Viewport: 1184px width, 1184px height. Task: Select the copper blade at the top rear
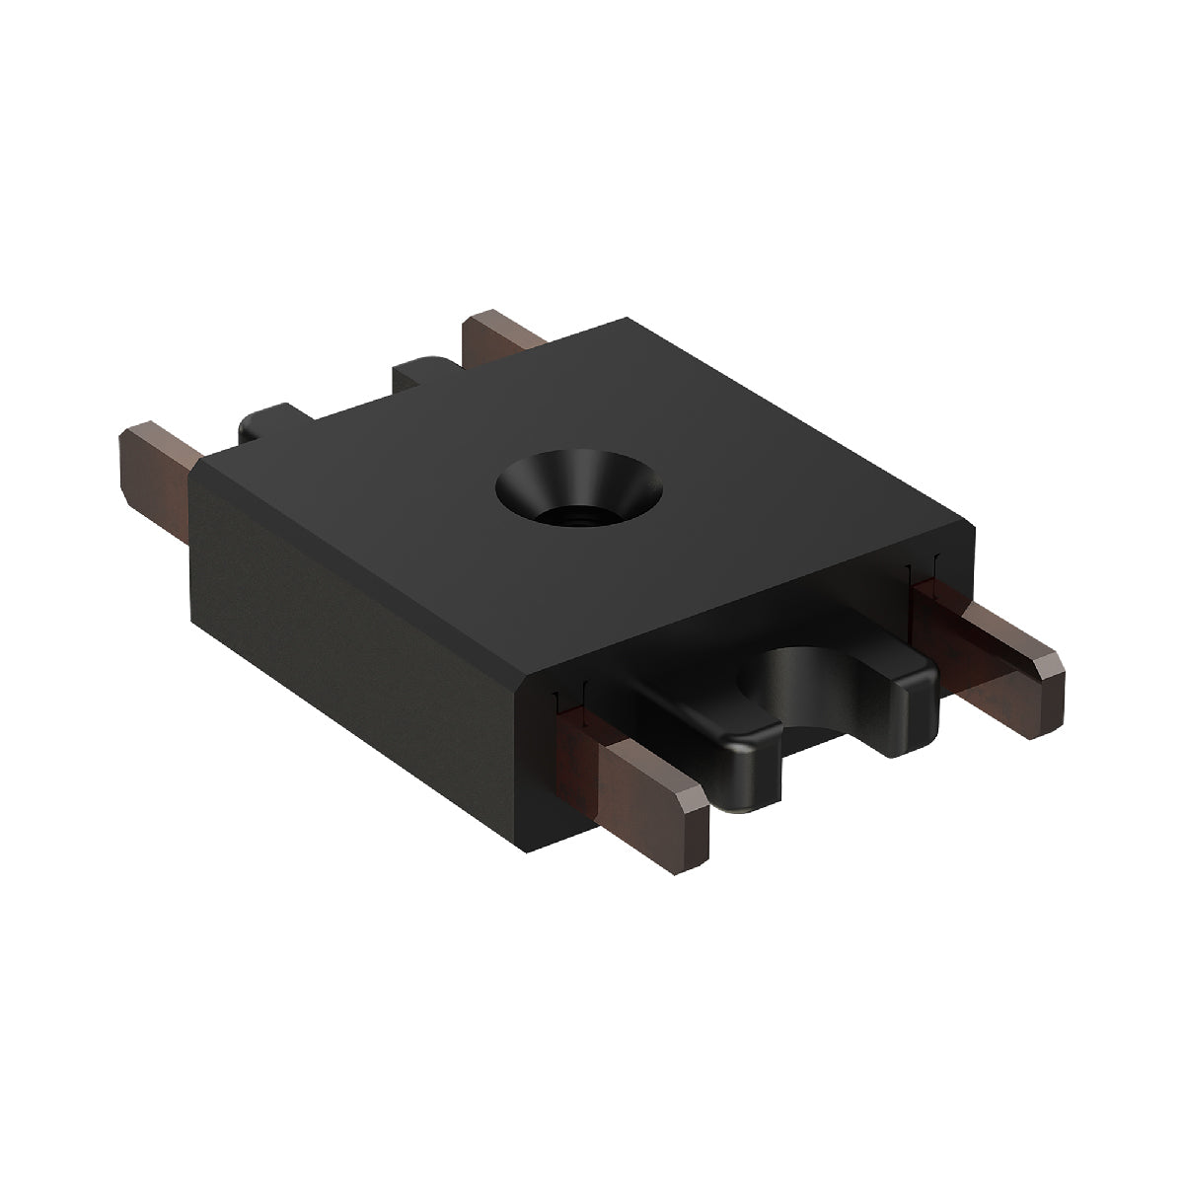(502, 336)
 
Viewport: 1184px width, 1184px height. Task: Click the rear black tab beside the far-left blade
(266, 424)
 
